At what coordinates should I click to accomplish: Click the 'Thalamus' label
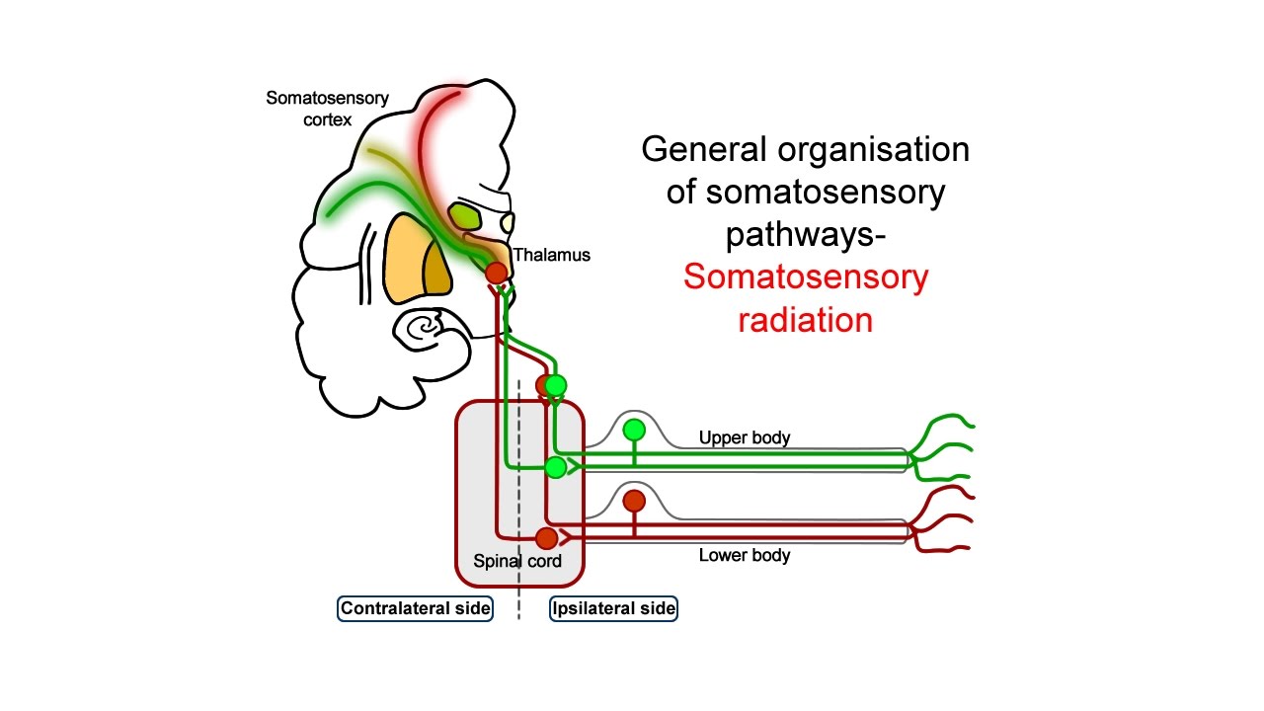coord(551,255)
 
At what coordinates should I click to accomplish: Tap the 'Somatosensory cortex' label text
coord(327,109)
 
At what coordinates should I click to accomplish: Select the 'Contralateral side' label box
coord(416,608)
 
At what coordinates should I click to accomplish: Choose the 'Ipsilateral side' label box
coord(613,608)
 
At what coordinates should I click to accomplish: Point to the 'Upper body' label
coord(745,437)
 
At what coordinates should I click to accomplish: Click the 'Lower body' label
coord(745,555)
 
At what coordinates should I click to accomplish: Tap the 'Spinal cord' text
coord(517,561)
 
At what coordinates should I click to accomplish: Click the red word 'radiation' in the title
coord(805,320)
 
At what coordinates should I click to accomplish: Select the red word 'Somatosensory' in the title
coord(805,277)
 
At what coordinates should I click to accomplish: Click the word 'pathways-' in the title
coord(805,235)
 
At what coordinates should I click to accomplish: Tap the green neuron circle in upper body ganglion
coord(634,430)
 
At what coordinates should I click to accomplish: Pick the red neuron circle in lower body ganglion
coord(634,501)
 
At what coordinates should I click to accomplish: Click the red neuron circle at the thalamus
coord(496,272)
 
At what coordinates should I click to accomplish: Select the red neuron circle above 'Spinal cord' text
coord(546,538)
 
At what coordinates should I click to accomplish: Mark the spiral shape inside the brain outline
coord(426,327)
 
